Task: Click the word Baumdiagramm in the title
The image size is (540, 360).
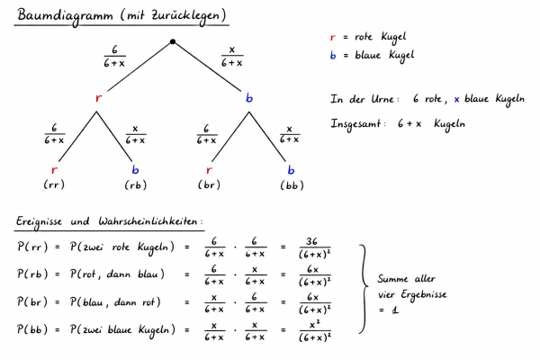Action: pos(66,16)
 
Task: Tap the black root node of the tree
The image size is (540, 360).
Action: pos(173,41)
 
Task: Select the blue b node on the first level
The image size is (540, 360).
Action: pos(249,97)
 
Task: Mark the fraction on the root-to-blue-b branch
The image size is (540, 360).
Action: pos(232,58)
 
